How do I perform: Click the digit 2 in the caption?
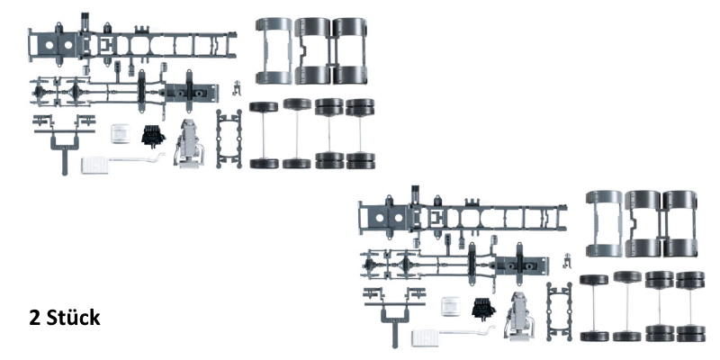point(34,318)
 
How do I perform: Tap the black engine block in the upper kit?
point(153,136)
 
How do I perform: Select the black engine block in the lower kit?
point(483,309)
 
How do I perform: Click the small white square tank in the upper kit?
point(121,133)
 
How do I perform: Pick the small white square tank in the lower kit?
point(451,306)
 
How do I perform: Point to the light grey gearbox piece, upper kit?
point(188,143)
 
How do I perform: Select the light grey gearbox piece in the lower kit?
point(518,317)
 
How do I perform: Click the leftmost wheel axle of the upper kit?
point(264,135)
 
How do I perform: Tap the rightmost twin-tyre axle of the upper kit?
point(361,133)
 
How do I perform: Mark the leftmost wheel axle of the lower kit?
point(594,308)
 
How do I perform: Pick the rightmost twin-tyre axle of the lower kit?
point(690,307)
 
